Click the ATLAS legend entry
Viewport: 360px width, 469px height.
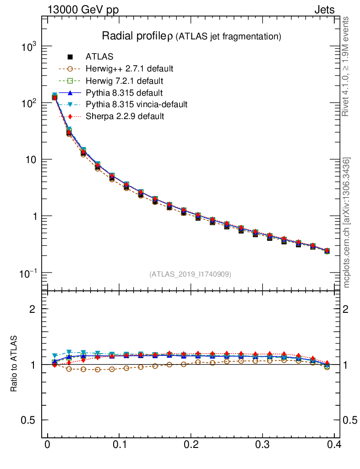tap(99, 57)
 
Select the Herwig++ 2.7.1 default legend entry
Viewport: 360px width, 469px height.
tap(129, 69)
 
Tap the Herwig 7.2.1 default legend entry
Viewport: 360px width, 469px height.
tap(124, 81)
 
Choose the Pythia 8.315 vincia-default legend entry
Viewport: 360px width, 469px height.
tap(136, 104)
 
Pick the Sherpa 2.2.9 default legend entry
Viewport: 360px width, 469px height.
tap(125, 116)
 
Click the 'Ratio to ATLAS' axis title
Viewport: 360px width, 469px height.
tap(14, 363)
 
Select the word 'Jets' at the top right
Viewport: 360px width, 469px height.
tap(324, 10)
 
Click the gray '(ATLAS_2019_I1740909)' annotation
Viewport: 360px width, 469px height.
tap(190, 274)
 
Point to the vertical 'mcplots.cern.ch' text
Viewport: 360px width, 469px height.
tap(347, 223)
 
